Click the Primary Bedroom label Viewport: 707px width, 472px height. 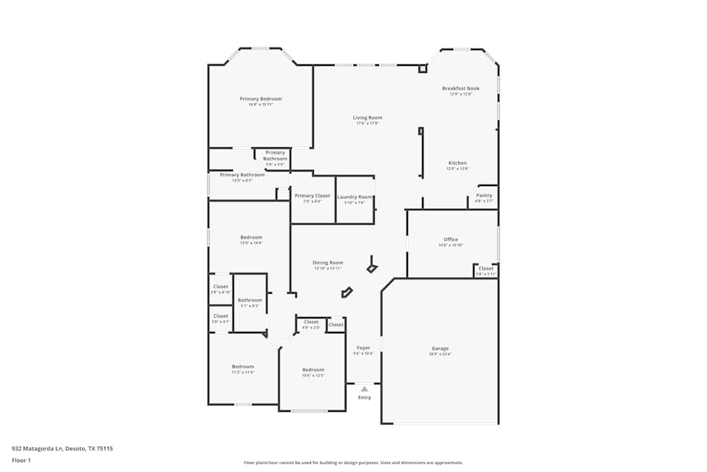(260, 99)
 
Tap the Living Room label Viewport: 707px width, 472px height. (368, 118)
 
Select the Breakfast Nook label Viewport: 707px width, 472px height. (460, 88)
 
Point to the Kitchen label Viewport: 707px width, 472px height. (457, 163)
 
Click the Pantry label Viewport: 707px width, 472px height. (484, 195)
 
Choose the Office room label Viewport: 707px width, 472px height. (450, 240)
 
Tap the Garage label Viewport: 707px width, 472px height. (440, 349)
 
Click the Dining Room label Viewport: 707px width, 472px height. (327, 263)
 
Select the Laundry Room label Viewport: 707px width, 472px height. (354, 197)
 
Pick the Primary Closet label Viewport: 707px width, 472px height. (312, 196)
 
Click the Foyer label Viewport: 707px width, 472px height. (363, 348)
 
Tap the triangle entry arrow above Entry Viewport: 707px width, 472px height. (364, 388)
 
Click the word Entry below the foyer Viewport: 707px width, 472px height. (364, 398)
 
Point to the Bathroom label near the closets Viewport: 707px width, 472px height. (250, 301)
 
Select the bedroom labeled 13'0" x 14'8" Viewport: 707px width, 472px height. (251, 238)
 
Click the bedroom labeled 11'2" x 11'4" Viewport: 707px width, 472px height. (243, 367)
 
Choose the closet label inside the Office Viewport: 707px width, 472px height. (486, 269)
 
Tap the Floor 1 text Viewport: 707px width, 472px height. (21, 460)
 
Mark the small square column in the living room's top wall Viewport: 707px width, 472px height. (423, 69)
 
